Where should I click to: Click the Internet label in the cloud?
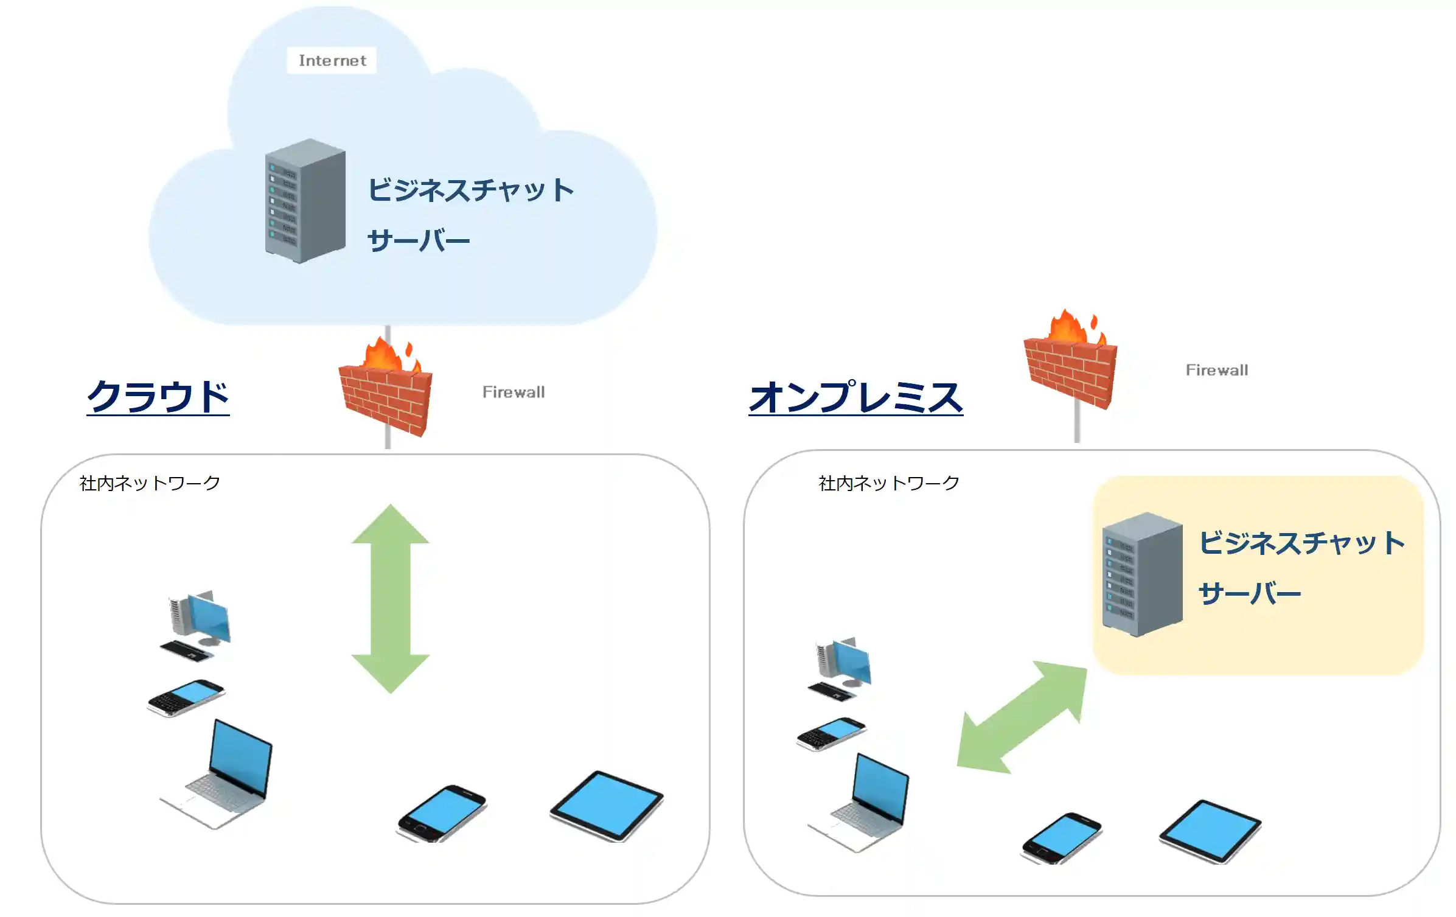[x=332, y=60]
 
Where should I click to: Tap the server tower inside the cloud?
[x=305, y=201]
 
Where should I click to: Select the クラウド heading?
[x=158, y=396]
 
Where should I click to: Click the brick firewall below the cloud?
[x=386, y=389]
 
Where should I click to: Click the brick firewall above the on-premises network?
[x=1071, y=360]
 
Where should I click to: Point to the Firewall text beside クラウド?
[x=514, y=392]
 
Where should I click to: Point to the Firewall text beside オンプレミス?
[x=1217, y=370]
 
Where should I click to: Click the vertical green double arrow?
[x=391, y=599]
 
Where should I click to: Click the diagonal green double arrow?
[x=1022, y=717]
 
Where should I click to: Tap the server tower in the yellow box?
[x=1142, y=574]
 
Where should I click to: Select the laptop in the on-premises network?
[x=859, y=803]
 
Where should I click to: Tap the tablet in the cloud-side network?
[x=607, y=806]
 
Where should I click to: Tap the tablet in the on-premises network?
[x=1210, y=831]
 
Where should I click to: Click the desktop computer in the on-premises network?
[x=840, y=669]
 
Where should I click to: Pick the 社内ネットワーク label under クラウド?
[x=150, y=483]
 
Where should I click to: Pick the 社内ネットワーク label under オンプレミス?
[x=889, y=483]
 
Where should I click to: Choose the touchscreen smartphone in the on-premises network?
[x=1062, y=839]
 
